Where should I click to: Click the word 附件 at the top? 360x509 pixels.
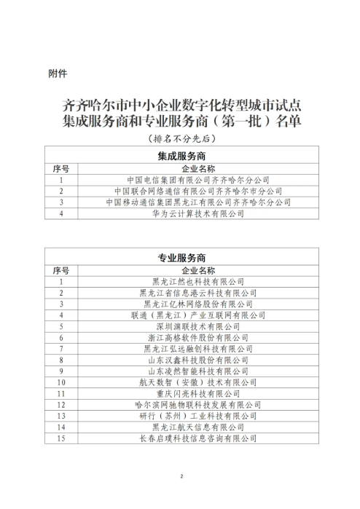pos(58,73)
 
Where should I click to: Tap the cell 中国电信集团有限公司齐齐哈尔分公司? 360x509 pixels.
pos(198,179)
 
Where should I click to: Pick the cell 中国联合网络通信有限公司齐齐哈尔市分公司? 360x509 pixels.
pos(198,191)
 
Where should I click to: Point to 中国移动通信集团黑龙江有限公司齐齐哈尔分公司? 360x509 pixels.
pos(198,202)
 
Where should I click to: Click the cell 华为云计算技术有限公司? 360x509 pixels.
pos(198,214)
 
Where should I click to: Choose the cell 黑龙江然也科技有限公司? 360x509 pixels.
pos(198,281)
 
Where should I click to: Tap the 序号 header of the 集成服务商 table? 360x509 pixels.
pos(61,168)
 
